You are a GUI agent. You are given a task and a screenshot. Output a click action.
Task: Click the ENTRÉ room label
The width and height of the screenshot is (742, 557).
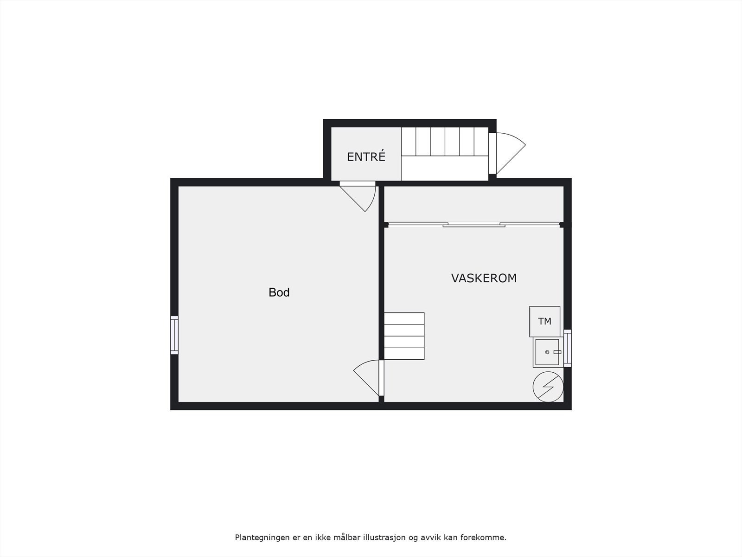[366, 157]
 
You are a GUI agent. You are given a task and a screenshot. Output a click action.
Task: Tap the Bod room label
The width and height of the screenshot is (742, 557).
[279, 292]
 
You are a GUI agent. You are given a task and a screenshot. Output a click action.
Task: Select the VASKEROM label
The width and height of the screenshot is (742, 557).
[484, 278]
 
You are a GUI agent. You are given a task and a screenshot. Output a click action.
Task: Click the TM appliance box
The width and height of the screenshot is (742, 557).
[544, 321]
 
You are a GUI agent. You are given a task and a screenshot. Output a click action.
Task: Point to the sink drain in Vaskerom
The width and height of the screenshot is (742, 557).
[547, 352]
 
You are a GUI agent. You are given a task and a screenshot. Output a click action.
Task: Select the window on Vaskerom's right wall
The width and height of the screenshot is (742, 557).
[568, 348]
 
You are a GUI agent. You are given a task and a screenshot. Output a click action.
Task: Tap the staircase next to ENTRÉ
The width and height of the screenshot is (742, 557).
[444, 142]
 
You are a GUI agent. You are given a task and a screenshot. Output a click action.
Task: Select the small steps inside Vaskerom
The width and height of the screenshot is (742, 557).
[404, 336]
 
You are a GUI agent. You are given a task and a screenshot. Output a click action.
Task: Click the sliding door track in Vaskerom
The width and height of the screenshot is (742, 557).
[473, 225]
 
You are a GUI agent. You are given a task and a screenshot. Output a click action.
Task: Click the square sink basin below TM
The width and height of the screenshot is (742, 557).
[547, 352]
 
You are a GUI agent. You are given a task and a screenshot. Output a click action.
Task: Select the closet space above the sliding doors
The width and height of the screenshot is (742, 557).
[473, 204]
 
